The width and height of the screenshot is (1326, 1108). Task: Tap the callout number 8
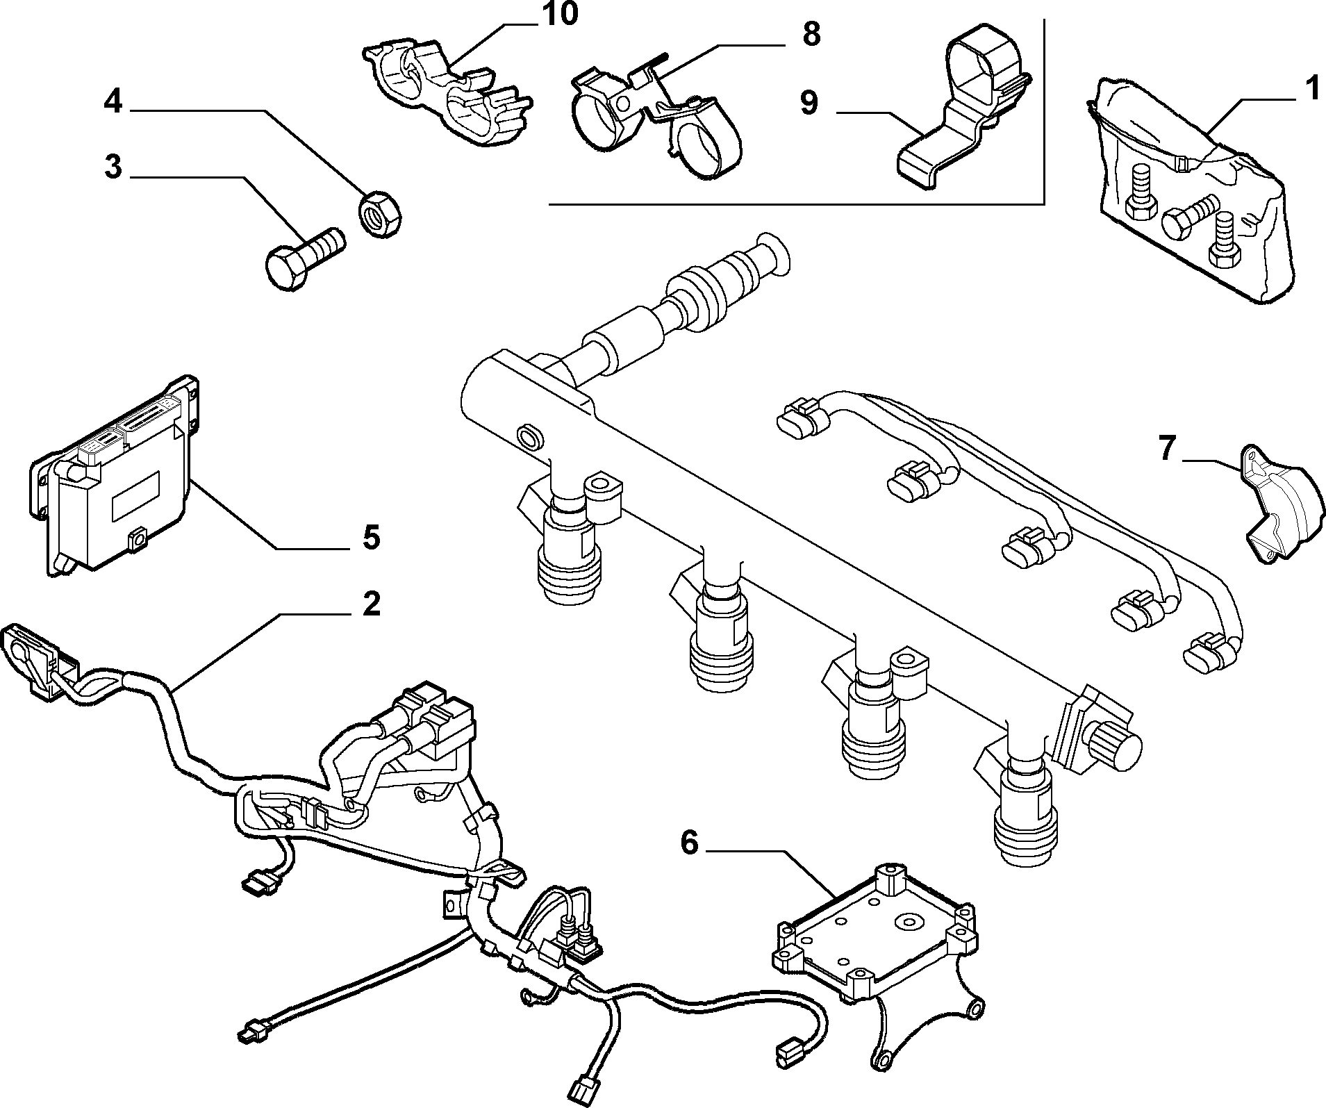(x=811, y=35)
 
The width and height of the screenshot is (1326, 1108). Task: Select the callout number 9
(x=809, y=102)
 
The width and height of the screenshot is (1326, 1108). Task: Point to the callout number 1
(x=1311, y=90)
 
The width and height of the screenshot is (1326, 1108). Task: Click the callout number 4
(x=114, y=104)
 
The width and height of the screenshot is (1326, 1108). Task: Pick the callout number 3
(x=113, y=167)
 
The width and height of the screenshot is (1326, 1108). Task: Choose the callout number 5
(x=372, y=537)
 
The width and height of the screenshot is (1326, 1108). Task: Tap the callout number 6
(x=688, y=843)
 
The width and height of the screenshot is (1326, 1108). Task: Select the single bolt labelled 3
(x=306, y=257)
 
